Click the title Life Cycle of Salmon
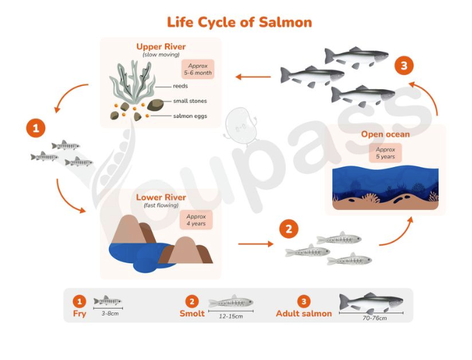[x=239, y=22]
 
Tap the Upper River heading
[x=161, y=46]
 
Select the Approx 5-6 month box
[x=198, y=70]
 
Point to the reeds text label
[x=180, y=86]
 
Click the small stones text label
[x=190, y=101]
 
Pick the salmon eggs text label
[x=190, y=116]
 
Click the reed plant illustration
[x=132, y=82]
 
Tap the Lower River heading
[x=161, y=198]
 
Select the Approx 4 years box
[x=196, y=220]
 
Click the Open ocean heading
[x=385, y=134]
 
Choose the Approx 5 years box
[x=385, y=153]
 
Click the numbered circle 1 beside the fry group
[x=36, y=129]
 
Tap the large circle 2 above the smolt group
[x=289, y=229]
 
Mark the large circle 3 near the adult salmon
[x=404, y=65]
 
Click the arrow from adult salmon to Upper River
[x=253, y=77]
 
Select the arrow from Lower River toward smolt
[x=256, y=243]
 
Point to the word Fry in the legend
[x=80, y=314]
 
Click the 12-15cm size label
[x=231, y=316]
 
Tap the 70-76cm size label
[x=374, y=318]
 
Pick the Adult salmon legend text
[x=304, y=314]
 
